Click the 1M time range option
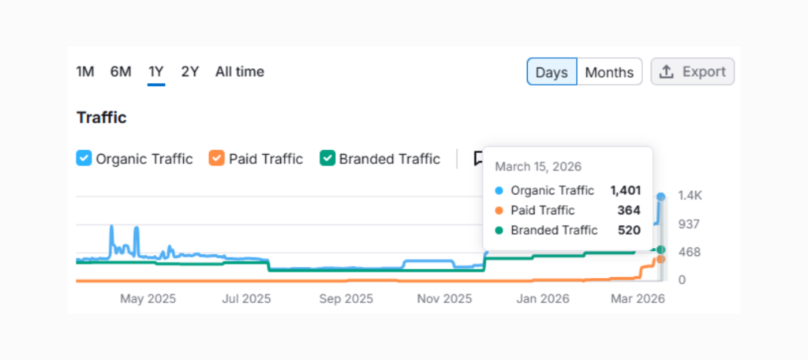tap(85, 72)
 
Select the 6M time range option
tap(121, 72)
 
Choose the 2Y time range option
tap(189, 72)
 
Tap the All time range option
tap(240, 72)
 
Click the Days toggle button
tap(552, 72)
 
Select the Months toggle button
tap(609, 72)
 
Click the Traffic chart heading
tap(102, 118)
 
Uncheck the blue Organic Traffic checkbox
tap(84, 159)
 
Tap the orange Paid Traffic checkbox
tap(217, 159)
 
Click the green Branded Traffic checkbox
tap(327, 159)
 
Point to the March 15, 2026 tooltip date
tap(538, 167)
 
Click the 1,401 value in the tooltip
tap(625, 190)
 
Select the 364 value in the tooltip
tap(629, 210)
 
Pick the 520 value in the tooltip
tap(629, 231)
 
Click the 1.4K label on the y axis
tap(690, 196)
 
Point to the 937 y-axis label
tap(689, 224)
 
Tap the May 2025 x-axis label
tap(148, 299)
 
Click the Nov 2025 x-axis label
tap(444, 299)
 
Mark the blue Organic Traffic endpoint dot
tap(661, 196)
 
